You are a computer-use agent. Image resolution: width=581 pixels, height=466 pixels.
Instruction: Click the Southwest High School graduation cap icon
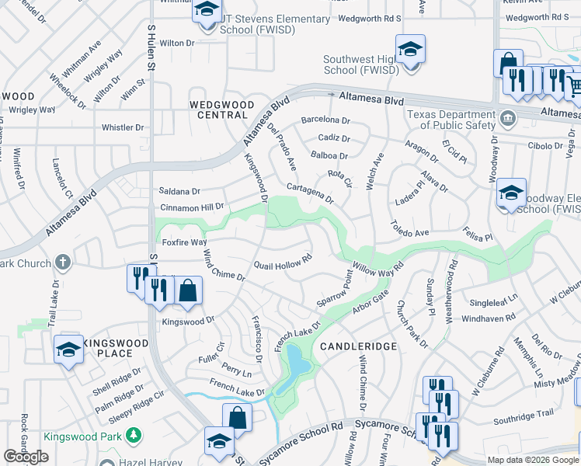[x=410, y=50]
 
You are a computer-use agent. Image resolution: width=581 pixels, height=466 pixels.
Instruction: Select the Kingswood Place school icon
[x=69, y=350]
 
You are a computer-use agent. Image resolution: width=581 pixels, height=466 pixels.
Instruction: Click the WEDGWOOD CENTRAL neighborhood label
[x=218, y=110]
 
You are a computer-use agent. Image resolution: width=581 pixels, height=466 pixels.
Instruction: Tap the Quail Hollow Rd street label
[x=283, y=261]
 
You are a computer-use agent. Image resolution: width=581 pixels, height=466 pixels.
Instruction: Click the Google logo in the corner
[x=26, y=457]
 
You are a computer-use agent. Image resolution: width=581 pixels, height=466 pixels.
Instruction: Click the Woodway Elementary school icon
[x=511, y=194]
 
